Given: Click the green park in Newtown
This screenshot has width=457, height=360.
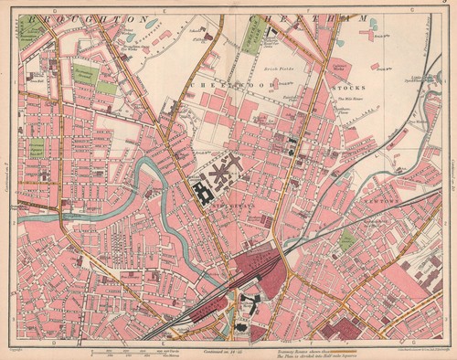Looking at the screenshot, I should point(347,240).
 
